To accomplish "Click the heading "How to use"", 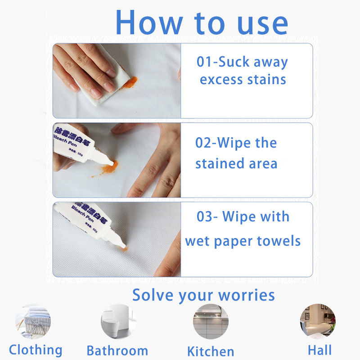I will click(201, 22).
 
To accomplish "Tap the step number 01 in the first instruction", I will click(205, 62).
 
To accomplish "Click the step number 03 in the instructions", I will click(206, 216).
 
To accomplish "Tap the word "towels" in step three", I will click(279, 241).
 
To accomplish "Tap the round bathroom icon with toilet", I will click(118, 321).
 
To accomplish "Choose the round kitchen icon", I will click(211, 321).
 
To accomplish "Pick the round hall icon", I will click(317, 320).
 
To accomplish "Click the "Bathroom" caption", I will click(117, 351).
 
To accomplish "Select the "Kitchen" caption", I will click(211, 351).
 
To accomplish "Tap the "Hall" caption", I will click(320, 350).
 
